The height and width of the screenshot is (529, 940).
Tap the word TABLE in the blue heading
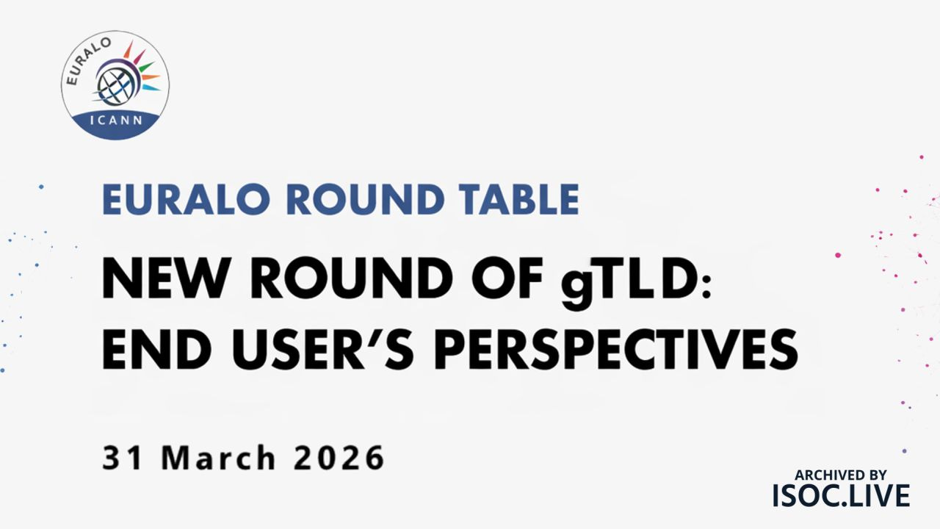(518, 200)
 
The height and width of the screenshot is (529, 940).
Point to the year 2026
(339, 458)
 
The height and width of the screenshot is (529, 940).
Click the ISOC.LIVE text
(841, 496)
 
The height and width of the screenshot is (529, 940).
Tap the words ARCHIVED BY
(841, 475)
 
